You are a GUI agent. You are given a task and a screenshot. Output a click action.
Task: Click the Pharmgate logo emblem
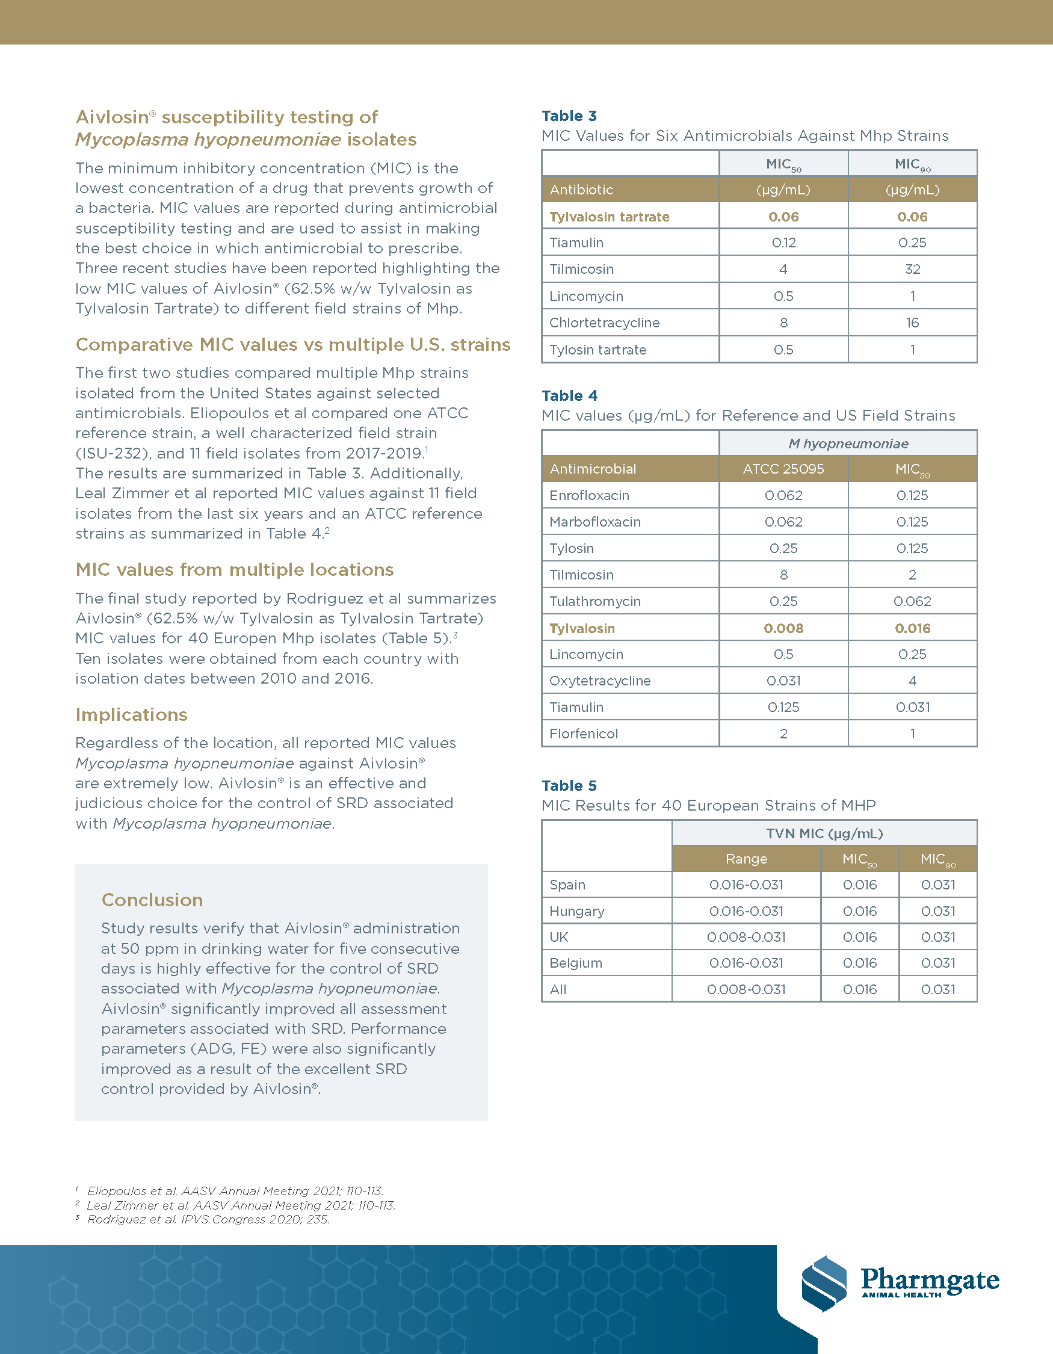(x=824, y=1284)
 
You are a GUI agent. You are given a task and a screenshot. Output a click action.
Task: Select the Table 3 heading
(x=569, y=116)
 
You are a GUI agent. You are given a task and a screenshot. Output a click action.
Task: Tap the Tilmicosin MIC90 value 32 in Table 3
(x=912, y=269)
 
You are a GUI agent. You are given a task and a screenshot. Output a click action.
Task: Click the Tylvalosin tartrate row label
(x=610, y=217)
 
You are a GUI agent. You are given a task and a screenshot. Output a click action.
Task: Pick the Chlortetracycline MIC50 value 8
(x=783, y=323)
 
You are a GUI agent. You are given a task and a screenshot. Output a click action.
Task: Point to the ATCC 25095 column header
(x=783, y=469)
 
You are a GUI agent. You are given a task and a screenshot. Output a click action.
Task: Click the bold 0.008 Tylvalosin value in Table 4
(x=783, y=628)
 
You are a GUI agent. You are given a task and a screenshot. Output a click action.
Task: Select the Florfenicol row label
(x=583, y=734)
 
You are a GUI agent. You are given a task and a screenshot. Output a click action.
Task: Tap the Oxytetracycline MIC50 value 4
(x=912, y=681)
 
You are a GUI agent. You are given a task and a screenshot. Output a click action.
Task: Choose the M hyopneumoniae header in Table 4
(x=848, y=444)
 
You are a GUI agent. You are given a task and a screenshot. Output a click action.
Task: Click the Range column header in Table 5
(x=746, y=859)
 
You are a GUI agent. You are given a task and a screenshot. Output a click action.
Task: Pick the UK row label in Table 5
(x=558, y=937)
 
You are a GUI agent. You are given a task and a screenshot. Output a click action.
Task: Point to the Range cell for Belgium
(x=746, y=963)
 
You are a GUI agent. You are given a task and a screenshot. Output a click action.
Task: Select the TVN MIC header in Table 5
(x=824, y=833)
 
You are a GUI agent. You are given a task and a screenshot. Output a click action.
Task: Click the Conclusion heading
(x=152, y=900)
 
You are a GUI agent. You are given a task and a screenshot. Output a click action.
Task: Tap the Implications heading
(x=131, y=714)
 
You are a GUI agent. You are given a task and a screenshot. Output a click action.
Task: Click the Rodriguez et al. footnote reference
(x=208, y=1219)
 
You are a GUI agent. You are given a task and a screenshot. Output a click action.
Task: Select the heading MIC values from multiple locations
(x=234, y=569)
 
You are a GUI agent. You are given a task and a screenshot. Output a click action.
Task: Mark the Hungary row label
(x=576, y=910)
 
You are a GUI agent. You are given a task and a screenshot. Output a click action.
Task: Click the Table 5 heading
(x=569, y=785)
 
